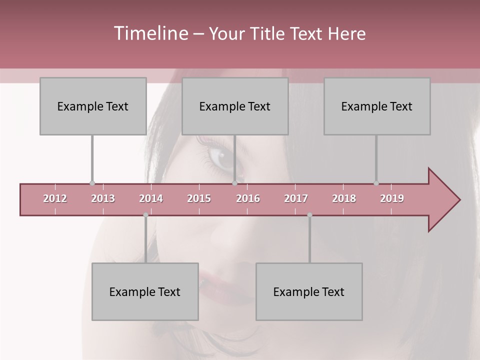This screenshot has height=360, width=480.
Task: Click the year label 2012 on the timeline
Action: [x=55, y=198]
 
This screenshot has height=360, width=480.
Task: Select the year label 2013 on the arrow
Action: [x=103, y=198]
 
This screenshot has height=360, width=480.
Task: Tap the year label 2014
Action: [x=151, y=198]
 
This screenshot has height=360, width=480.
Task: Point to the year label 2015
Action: [x=199, y=198]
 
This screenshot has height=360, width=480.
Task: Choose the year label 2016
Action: [x=248, y=198]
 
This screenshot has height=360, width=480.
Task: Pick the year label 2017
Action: [x=296, y=198]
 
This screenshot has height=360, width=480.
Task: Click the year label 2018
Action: [x=344, y=198]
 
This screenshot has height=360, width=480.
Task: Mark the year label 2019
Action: [x=392, y=198]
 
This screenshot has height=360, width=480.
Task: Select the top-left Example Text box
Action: [x=93, y=106]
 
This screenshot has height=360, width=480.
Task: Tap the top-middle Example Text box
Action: [x=235, y=106]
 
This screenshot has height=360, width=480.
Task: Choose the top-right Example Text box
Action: [x=377, y=106]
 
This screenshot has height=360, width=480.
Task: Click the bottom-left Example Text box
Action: [x=145, y=291]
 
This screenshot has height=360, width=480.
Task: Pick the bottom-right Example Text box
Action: [x=309, y=291]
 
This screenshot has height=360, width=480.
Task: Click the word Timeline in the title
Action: [x=150, y=33]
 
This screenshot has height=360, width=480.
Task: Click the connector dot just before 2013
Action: [x=92, y=183]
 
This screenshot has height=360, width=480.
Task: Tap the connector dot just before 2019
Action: [x=376, y=183]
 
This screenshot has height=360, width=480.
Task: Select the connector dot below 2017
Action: [x=309, y=215]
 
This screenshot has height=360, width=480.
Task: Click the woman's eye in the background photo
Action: [x=220, y=157]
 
